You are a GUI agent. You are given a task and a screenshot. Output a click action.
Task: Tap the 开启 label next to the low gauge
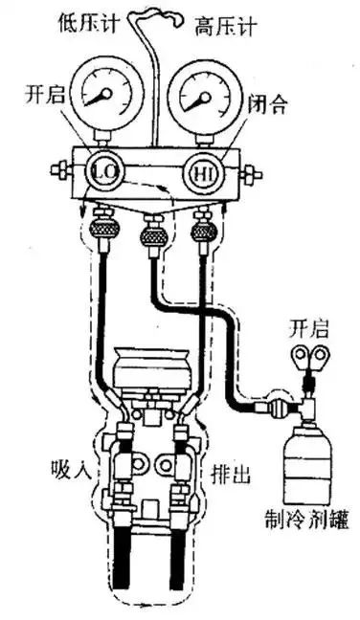point(45,96)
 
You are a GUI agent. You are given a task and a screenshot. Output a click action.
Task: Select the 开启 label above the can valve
point(308,330)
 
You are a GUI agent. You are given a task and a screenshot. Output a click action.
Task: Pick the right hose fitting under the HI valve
point(203,232)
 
